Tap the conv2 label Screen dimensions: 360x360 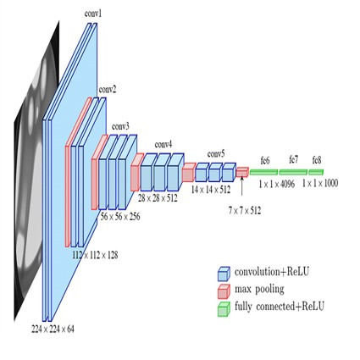coord(108,88)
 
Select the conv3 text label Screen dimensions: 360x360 coord(120,126)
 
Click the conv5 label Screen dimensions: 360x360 coord(216,153)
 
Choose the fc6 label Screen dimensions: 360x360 coord(265,159)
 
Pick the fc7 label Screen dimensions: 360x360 coord(293,159)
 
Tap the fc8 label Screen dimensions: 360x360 coord(316,159)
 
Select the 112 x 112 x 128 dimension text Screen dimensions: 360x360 coord(94,253)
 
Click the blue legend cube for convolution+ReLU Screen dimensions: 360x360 coord(224,274)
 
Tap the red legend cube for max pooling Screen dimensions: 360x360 coord(224,290)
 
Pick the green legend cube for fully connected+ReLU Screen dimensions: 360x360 coord(224,306)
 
